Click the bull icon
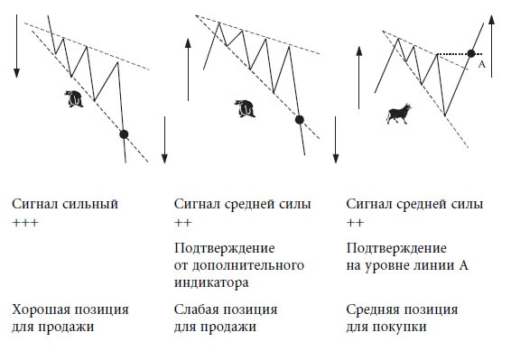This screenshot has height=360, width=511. coord(398,113)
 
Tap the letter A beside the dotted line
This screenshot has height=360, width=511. coord(482,65)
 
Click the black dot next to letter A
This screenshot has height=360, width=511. coord(471,54)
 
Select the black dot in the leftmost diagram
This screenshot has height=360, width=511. coord(125,134)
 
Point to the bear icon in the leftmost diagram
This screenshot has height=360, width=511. coord(76,97)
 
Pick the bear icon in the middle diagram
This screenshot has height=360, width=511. coord(243,108)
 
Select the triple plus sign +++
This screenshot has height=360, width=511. coord(25,222)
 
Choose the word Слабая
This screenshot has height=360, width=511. coord(198,309)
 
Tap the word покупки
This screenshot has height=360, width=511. coord(400,327)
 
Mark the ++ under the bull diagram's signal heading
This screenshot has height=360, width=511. coord(355,222)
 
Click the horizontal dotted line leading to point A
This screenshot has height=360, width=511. coord(453,54)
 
